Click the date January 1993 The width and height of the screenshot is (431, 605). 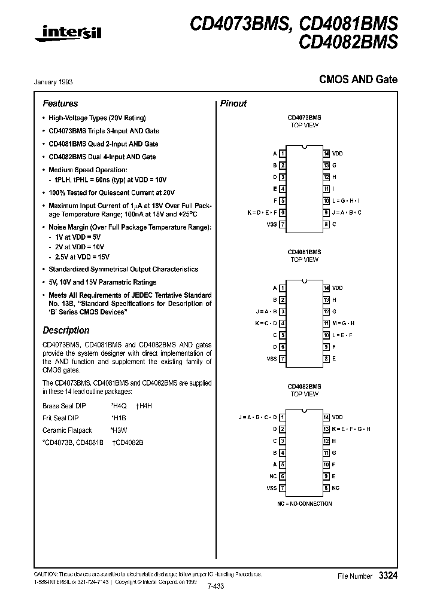(57, 82)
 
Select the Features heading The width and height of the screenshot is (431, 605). (60, 103)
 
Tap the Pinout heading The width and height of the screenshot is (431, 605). (233, 103)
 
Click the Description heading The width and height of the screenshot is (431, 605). (66, 330)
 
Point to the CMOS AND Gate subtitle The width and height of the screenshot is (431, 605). (357, 80)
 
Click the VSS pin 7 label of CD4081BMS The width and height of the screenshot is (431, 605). (272, 359)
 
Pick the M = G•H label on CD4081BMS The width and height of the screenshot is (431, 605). (344, 323)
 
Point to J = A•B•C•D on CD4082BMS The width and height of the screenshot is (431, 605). (258, 417)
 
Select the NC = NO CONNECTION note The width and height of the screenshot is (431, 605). (304, 503)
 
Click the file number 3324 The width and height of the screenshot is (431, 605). (387, 576)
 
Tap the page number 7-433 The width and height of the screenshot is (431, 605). (215, 586)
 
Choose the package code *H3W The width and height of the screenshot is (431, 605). (119, 430)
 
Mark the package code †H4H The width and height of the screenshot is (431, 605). (144, 405)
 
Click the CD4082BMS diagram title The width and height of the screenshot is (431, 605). (304, 386)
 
